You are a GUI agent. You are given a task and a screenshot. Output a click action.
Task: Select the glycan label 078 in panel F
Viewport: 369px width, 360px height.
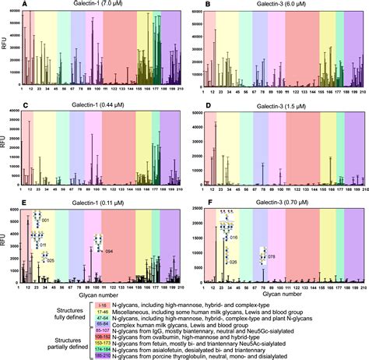pyautogui.click(x=272, y=256)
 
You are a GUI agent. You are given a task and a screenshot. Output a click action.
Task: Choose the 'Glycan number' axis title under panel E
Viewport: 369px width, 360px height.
pyautogui.click(x=97, y=295)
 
